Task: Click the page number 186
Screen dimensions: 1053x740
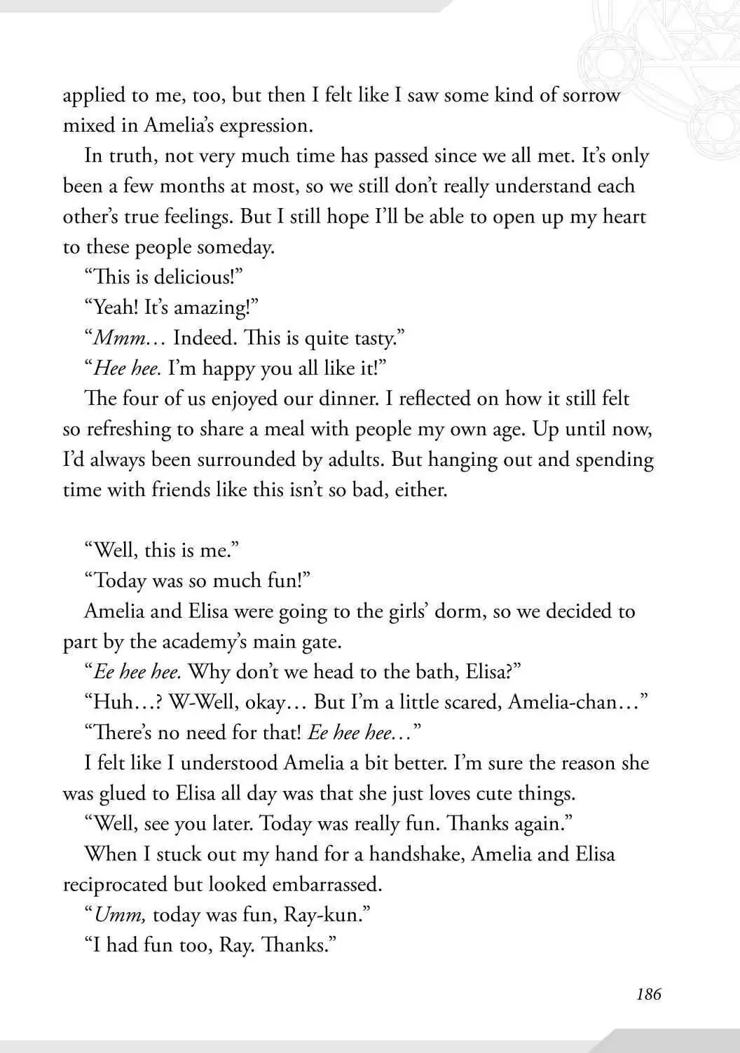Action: [x=648, y=993]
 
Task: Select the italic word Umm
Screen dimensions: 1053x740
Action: [x=119, y=915]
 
